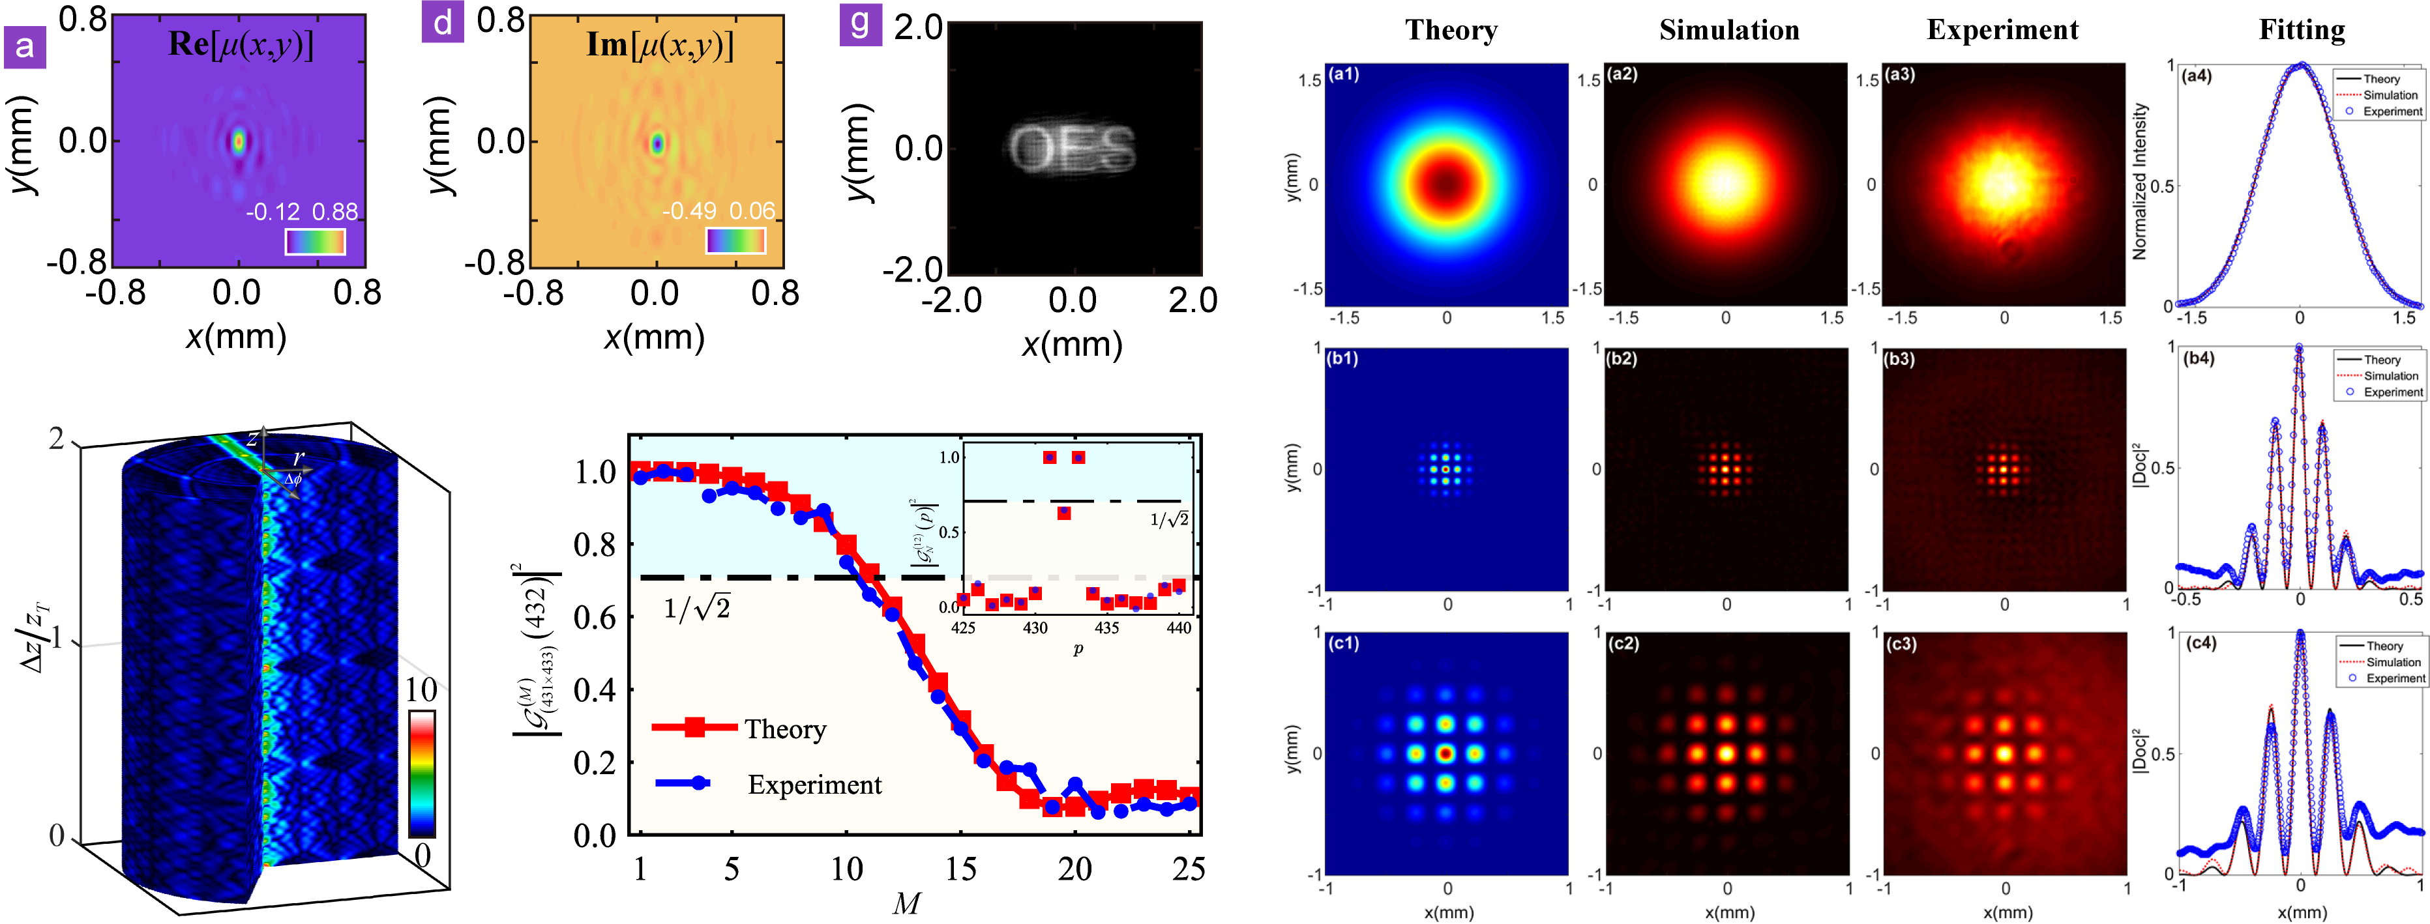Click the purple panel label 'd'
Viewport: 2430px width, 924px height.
pyautogui.click(x=443, y=22)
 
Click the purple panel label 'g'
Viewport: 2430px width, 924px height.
pyautogui.click(x=860, y=23)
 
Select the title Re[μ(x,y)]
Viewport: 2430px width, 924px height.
pyautogui.click(x=241, y=44)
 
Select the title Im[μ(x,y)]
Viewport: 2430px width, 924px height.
pyautogui.click(x=659, y=44)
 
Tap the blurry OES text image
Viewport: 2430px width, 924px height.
pyautogui.click(x=1073, y=148)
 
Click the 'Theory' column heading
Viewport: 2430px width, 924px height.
pyautogui.click(x=1451, y=30)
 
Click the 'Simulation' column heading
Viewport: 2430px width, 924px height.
pyautogui.click(x=1729, y=30)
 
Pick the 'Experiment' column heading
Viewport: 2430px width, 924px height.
pyautogui.click(x=2002, y=30)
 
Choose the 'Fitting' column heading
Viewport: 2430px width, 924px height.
pyautogui.click(x=2302, y=30)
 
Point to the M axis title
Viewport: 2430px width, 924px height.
pyautogui.click(x=906, y=903)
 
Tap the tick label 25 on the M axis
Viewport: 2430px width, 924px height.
pyautogui.click(x=1188, y=869)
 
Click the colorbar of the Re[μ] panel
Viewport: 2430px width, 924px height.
pyautogui.click(x=315, y=241)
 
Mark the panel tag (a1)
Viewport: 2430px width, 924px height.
pyautogui.click(x=1343, y=74)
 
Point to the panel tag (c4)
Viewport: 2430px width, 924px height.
pyautogui.click(x=2200, y=643)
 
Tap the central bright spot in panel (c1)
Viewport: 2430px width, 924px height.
pyautogui.click(x=1445, y=753)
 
